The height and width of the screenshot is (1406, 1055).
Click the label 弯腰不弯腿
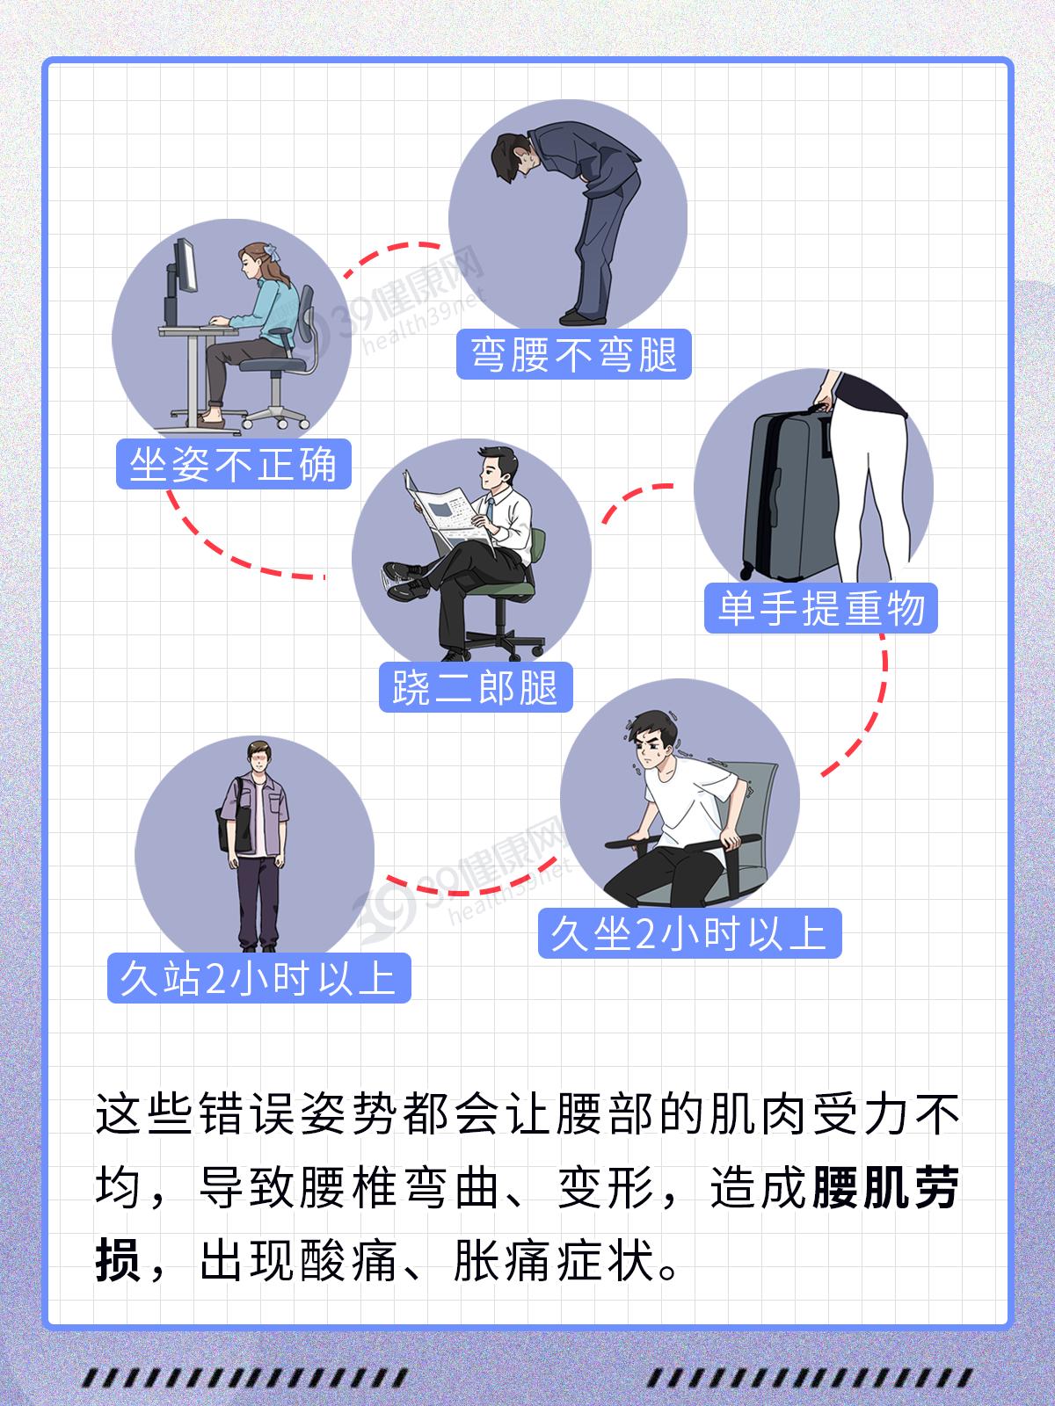click(x=573, y=354)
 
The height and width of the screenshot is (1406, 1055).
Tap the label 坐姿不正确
click(x=233, y=464)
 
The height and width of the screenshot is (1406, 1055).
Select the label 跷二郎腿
click(x=476, y=687)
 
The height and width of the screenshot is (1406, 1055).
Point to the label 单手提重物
click(x=820, y=608)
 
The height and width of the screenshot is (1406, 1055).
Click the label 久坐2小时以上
click(x=689, y=933)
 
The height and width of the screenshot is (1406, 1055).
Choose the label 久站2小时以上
click(x=258, y=978)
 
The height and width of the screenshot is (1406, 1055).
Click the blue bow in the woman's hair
click(x=271, y=251)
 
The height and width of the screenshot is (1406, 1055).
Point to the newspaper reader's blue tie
click(x=490, y=510)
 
